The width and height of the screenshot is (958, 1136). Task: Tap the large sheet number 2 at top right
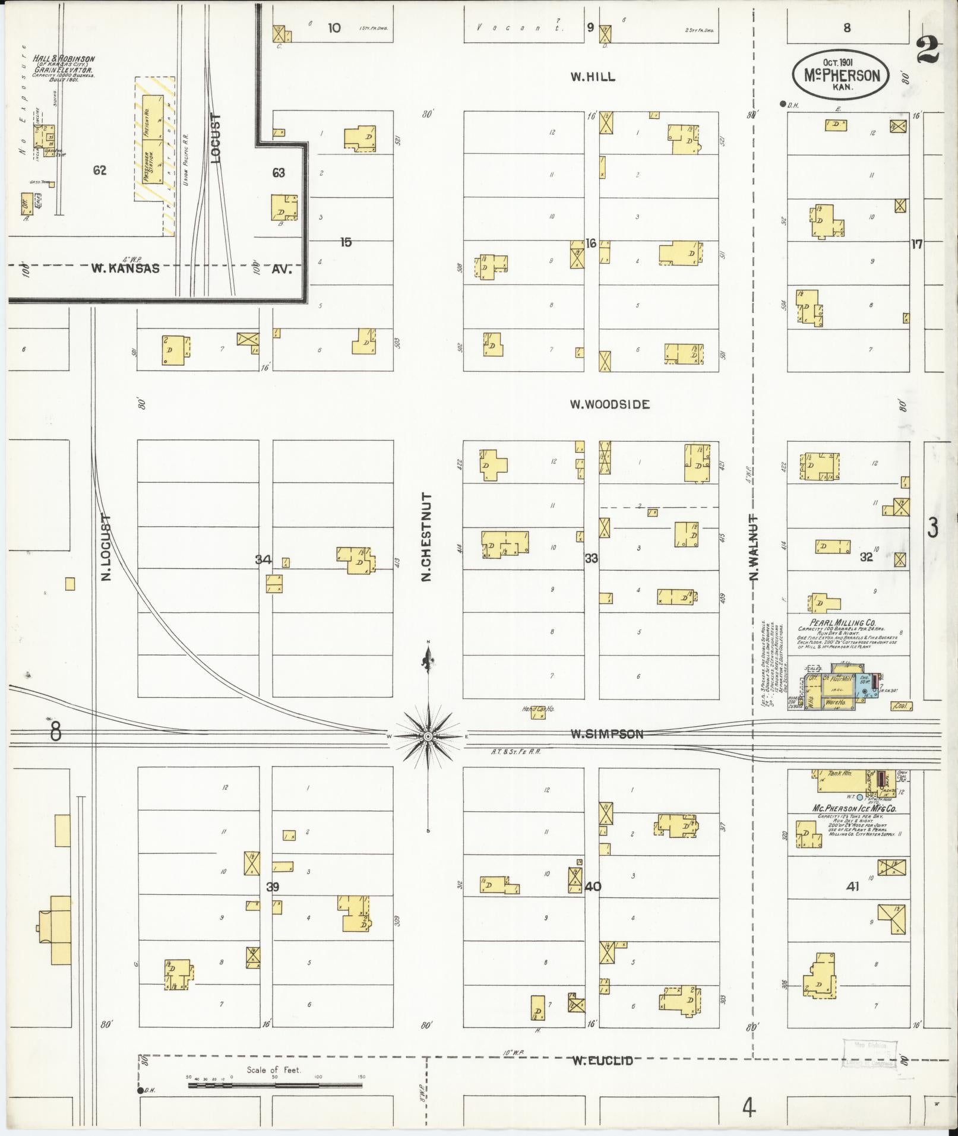click(928, 49)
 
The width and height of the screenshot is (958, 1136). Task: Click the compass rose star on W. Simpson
click(428, 736)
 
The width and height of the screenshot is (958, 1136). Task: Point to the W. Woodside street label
click(609, 404)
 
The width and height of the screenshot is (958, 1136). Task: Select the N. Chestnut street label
click(426, 537)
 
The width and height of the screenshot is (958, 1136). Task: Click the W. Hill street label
click(592, 77)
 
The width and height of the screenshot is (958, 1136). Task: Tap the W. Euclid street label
click(602, 1061)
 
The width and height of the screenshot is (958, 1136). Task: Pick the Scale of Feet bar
click(275, 1085)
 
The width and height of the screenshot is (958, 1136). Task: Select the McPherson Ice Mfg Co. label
click(853, 809)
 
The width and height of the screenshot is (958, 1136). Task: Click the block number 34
click(263, 559)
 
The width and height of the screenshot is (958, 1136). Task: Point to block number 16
click(590, 243)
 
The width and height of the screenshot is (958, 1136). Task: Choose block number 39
click(273, 887)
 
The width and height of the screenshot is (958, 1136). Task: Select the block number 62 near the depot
click(99, 171)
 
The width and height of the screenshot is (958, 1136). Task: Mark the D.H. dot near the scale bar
click(141, 1090)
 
